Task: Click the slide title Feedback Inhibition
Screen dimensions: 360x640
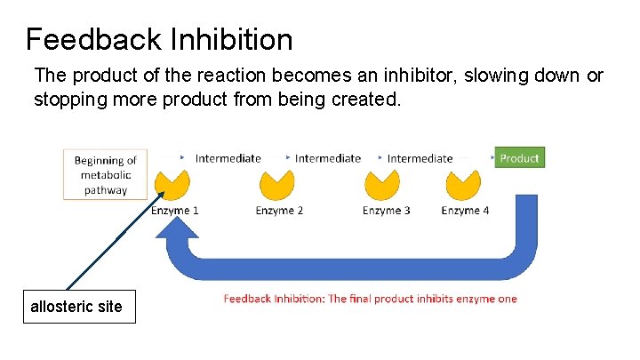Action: (x=159, y=39)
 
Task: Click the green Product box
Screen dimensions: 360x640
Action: (x=518, y=158)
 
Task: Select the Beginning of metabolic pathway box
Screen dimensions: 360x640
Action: (x=106, y=174)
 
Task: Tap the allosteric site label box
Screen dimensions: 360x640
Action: (x=79, y=307)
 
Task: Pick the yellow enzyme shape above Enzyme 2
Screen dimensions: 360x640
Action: (x=277, y=186)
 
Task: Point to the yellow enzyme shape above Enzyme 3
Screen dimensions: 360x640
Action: (x=383, y=186)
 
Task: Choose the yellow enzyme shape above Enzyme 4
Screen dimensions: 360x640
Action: (x=462, y=186)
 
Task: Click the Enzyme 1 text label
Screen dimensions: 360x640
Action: (x=174, y=211)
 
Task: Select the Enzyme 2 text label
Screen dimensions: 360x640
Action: (x=279, y=211)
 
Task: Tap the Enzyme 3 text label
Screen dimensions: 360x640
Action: (x=386, y=211)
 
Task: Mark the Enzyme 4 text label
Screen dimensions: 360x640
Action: (x=465, y=211)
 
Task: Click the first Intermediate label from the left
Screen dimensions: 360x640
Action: (x=228, y=158)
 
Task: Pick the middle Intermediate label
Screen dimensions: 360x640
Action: (x=328, y=158)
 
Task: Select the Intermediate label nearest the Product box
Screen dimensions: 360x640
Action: (x=420, y=158)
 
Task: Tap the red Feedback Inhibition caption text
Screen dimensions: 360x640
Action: (x=370, y=299)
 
